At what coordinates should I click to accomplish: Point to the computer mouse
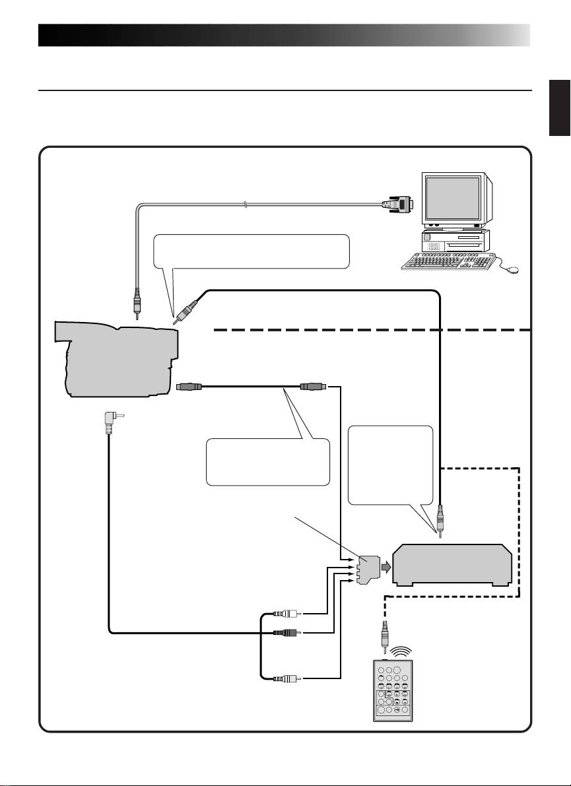coord(512,269)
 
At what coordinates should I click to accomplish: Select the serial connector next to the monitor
coord(397,205)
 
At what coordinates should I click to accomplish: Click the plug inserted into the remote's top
coord(383,639)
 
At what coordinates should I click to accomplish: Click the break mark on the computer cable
coord(246,205)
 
